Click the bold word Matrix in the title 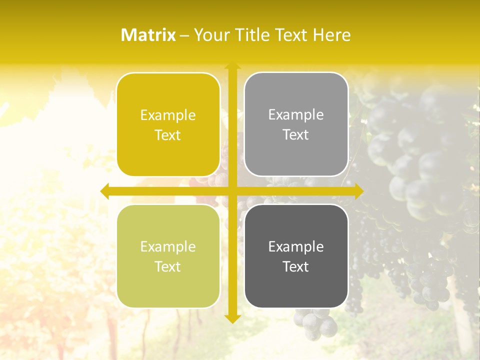coord(148,35)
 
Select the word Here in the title coord(332,35)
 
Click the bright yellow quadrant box coord(168,124)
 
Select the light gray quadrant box coord(296,124)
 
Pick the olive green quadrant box coord(168,256)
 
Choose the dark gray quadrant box coord(296,256)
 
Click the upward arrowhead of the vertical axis coord(232,65)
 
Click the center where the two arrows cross coord(232,191)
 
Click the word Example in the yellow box coord(168,115)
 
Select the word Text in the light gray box coord(296,134)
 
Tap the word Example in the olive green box coord(168,246)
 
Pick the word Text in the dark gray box coord(296,266)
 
